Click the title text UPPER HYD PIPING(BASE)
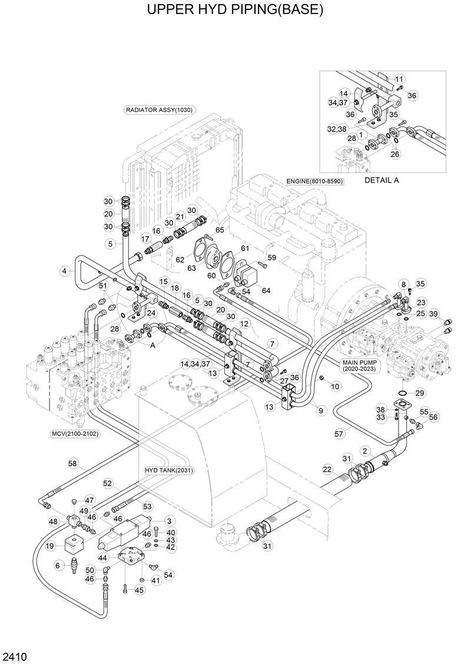[x=235, y=11]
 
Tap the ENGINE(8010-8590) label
[x=314, y=181]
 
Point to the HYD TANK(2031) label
[x=170, y=470]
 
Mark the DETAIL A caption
[x=382, y=180]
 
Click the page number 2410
[x=12, y=655]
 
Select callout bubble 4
[x=64, y=271]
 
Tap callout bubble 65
[x=220, y=229]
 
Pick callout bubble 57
[x=339, y=434]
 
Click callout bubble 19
[x=51, y=546]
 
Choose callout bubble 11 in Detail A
[x=399, y=79]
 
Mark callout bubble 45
[x=140, y=590]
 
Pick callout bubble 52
[x=108, y=483]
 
